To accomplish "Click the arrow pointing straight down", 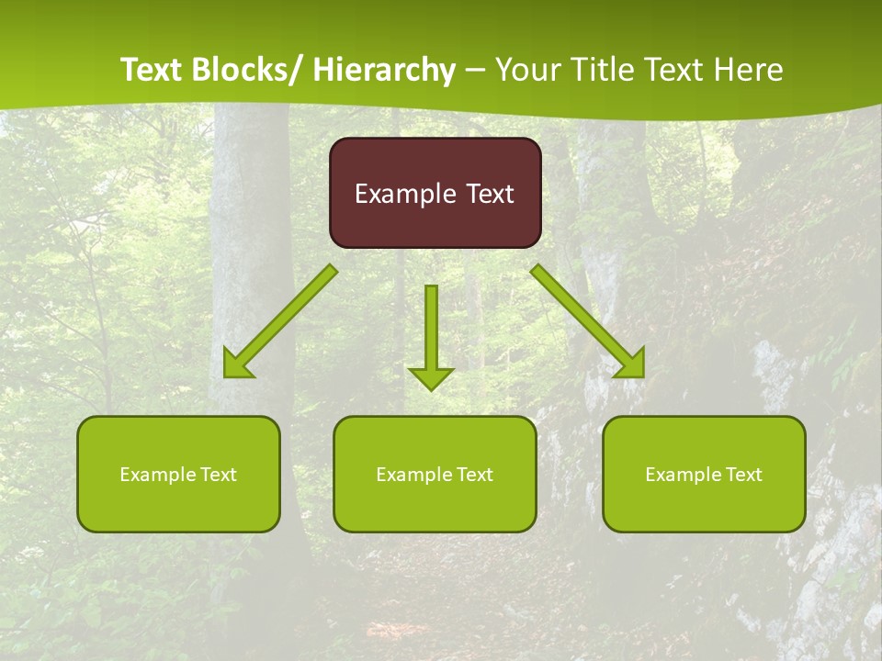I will click(431, 330).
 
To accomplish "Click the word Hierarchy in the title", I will click(384, 70).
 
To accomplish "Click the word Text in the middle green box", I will click(471, 475).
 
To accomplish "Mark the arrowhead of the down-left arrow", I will click(236, 365).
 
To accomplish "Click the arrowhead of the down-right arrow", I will click(632, 365).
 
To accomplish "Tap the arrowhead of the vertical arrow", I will click(431, 377).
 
